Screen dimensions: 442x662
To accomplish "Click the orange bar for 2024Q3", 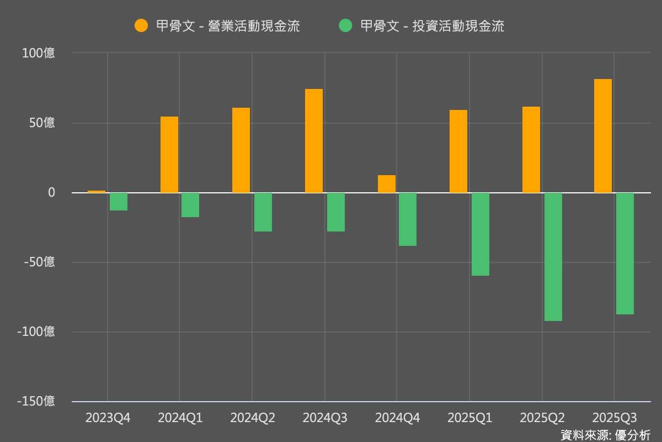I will click(x=314, y=141).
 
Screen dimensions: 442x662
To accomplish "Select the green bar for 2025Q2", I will click(x=553, y=257).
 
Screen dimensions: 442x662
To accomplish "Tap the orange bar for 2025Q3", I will click(x=602, y=136).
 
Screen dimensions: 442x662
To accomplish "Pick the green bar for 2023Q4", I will click(x=119, y=202).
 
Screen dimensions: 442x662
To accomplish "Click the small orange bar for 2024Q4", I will click(x=386, y=184).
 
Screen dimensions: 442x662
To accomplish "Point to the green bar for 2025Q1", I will click(x=480, y=234).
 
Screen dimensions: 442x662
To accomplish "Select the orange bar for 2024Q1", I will click(x=169, y=155).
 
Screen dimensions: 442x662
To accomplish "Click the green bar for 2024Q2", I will click(x=263, y=212).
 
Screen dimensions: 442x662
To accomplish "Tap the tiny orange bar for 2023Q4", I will click(x=97, y=191).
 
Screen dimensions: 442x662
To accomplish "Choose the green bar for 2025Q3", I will click(x=625, y=254).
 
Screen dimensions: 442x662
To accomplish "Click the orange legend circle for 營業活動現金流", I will click(x=141, y=25).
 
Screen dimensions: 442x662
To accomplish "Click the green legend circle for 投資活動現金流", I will click(x=345, y=25).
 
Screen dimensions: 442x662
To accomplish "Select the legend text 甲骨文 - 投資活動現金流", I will click(x=432, y=26).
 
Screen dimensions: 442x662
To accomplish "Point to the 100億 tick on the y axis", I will click(x=39, y=54).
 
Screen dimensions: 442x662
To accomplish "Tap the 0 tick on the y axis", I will click(x=51, y=193).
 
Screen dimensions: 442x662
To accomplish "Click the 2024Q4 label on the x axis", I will click(x=397, y=418).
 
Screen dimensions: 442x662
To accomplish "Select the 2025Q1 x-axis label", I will click(x=469, y=418).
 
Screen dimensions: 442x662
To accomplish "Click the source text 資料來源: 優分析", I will click(x=605, y=435).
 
